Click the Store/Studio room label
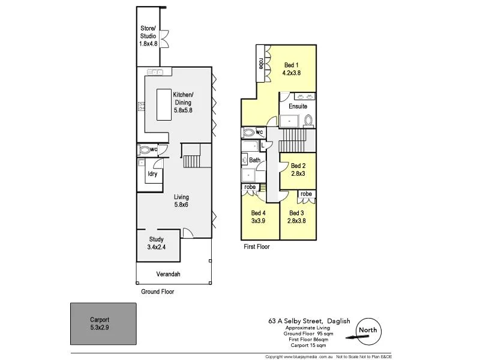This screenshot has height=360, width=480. coord(148,35)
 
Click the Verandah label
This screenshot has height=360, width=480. coord(168,274)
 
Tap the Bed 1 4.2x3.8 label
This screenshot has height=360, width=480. coord(291,69)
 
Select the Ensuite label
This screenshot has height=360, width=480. coord(298,106)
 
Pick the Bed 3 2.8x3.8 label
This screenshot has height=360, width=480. coord(297,217)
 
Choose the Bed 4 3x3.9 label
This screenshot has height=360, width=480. coord(258,217)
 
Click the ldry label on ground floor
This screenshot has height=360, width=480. coord(152,174)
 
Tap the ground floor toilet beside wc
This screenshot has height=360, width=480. coord(144,150)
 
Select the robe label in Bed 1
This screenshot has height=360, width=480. coord(261,62)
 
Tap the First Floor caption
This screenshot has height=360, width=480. coord(256,247)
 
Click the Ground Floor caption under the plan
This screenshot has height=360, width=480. coord(157,292)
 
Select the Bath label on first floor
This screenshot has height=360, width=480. coord(254,160)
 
